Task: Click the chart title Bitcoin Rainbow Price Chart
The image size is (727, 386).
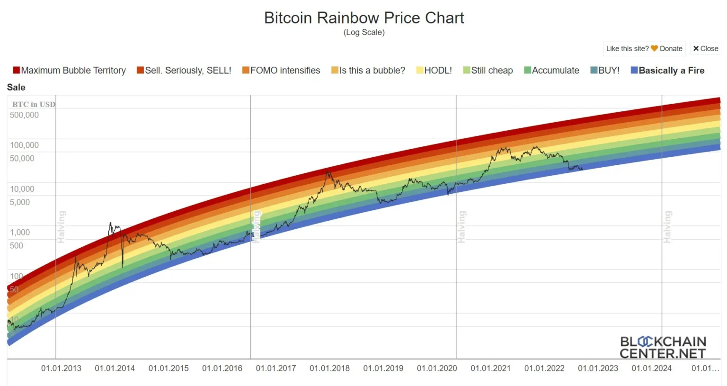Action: [363, 18]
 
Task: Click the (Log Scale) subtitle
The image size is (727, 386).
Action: [363, 32]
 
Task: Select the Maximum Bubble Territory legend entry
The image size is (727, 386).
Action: [69, 71]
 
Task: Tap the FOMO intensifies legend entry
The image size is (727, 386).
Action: [281, 71]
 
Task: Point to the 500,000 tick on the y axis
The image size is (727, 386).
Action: [24, 115]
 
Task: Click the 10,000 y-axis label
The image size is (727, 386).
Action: [22, 189]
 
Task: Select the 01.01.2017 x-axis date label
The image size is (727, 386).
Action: [275, 368]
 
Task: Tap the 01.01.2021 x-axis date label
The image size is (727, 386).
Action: [490, 368]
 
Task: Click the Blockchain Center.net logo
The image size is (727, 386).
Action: [663, 348]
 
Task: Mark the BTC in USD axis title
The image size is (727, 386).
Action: [34, 104]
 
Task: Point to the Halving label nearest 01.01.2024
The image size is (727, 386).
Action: [667, 227]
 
